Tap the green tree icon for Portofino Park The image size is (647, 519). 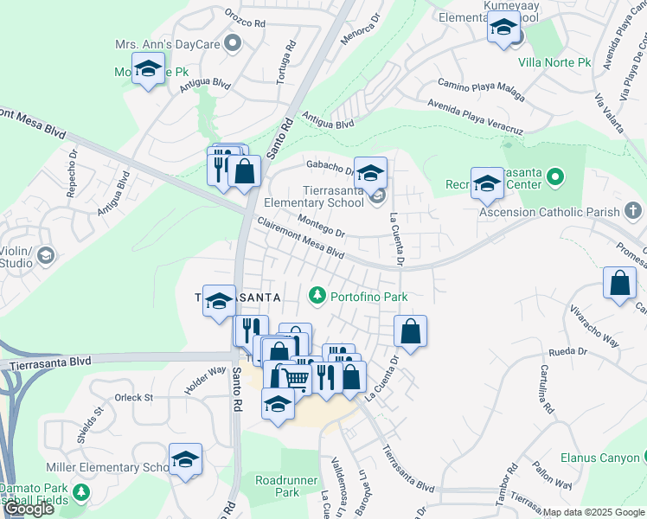pos(317,297)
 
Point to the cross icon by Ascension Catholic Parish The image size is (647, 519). pos(632,211)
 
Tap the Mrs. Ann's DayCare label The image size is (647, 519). pos(169,43)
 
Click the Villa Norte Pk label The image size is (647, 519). pos(554,62)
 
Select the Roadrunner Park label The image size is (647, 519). pos(277,485)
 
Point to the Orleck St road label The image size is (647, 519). pos(133,398)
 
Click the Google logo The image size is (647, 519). pos(29,509)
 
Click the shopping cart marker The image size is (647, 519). pos(296,379)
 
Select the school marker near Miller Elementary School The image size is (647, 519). pos(185,459)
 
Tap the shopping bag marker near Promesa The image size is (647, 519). pos(619,283)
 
